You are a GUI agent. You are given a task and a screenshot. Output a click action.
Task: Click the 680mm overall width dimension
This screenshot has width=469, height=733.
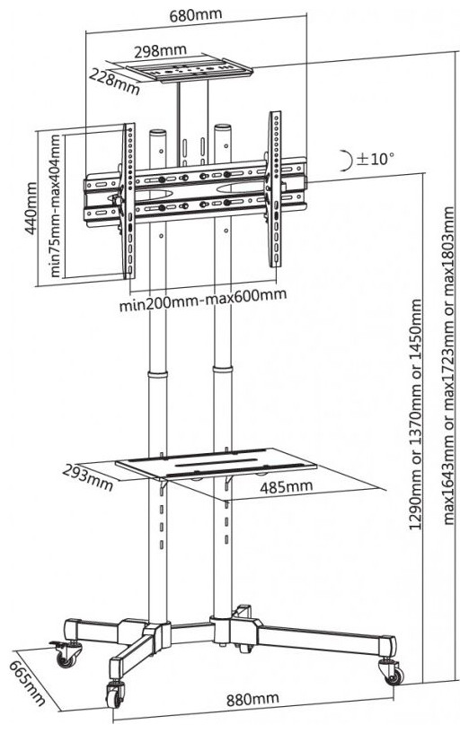195,14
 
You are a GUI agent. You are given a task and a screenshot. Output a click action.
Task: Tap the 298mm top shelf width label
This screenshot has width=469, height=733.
160,50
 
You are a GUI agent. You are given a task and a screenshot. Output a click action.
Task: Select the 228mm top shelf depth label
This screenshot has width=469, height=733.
115,81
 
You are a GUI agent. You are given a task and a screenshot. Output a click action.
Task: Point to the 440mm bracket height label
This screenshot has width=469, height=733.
30,208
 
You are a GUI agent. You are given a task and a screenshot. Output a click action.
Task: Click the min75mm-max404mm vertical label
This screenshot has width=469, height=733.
55,205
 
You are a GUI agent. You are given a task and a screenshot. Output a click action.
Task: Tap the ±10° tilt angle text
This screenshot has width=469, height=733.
375,159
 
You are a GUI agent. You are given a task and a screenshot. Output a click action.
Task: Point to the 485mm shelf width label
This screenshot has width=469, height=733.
287,487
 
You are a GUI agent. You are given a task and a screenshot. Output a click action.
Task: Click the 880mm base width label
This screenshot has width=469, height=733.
252,699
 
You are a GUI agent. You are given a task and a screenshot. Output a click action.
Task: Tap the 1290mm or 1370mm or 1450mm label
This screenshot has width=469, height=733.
416,414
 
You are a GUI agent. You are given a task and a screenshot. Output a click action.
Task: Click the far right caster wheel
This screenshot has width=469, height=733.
394,672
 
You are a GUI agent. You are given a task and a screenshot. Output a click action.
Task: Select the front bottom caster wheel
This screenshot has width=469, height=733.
115,694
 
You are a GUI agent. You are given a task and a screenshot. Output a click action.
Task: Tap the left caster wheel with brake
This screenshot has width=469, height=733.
66,655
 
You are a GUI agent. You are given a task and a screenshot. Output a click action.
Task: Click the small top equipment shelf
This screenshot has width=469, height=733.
190,70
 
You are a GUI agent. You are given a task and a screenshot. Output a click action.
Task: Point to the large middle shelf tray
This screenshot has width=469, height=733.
217,463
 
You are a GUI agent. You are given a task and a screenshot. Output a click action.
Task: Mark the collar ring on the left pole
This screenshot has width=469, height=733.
158,374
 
